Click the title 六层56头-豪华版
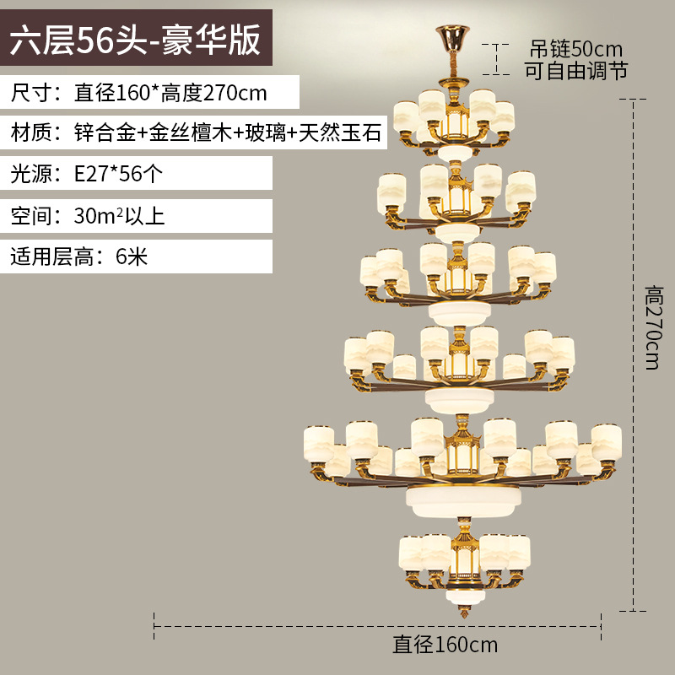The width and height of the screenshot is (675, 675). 136,41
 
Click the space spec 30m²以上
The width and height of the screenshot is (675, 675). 119,215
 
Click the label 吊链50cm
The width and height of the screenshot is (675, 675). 575,47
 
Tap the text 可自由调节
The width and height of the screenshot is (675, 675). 576,70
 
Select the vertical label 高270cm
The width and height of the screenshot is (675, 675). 656,329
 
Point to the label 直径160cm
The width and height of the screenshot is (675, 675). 445,645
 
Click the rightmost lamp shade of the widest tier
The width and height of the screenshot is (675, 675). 606,440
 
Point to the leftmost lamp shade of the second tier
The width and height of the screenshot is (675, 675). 391,190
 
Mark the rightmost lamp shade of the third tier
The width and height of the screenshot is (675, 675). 543,267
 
